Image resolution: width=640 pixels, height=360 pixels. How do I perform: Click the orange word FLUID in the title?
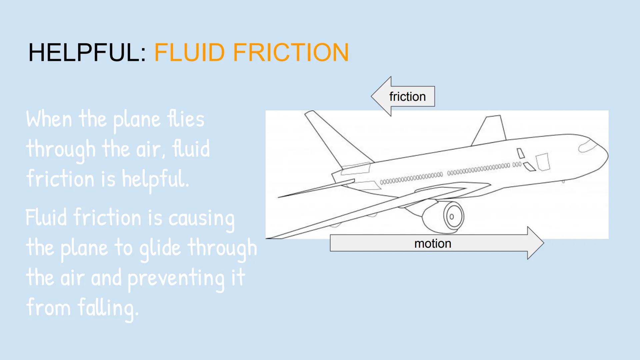click(x=189, y=53)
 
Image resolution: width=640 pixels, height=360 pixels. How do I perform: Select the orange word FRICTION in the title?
click(x=291, y=53)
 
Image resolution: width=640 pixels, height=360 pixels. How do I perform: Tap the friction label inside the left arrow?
click(x=407, y=97)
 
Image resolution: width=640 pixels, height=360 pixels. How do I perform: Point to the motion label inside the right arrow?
click(x=433, y=244)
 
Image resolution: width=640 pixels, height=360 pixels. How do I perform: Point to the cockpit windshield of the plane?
click(x=587, y=146)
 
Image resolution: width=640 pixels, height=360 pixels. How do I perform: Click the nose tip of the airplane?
click(x=607, y=155)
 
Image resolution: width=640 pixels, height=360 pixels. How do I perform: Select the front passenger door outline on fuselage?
click(x=543, y=162)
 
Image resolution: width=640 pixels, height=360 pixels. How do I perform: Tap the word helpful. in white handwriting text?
click(x=155, y=179)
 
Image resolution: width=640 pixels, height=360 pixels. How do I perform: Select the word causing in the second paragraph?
click(x=201, y=219)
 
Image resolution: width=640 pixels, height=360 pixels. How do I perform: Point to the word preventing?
click(x=176, y=279)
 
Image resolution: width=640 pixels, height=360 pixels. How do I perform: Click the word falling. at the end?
click(x=108, y=308)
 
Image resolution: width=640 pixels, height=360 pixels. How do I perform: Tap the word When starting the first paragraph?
click(x=49, y=119)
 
